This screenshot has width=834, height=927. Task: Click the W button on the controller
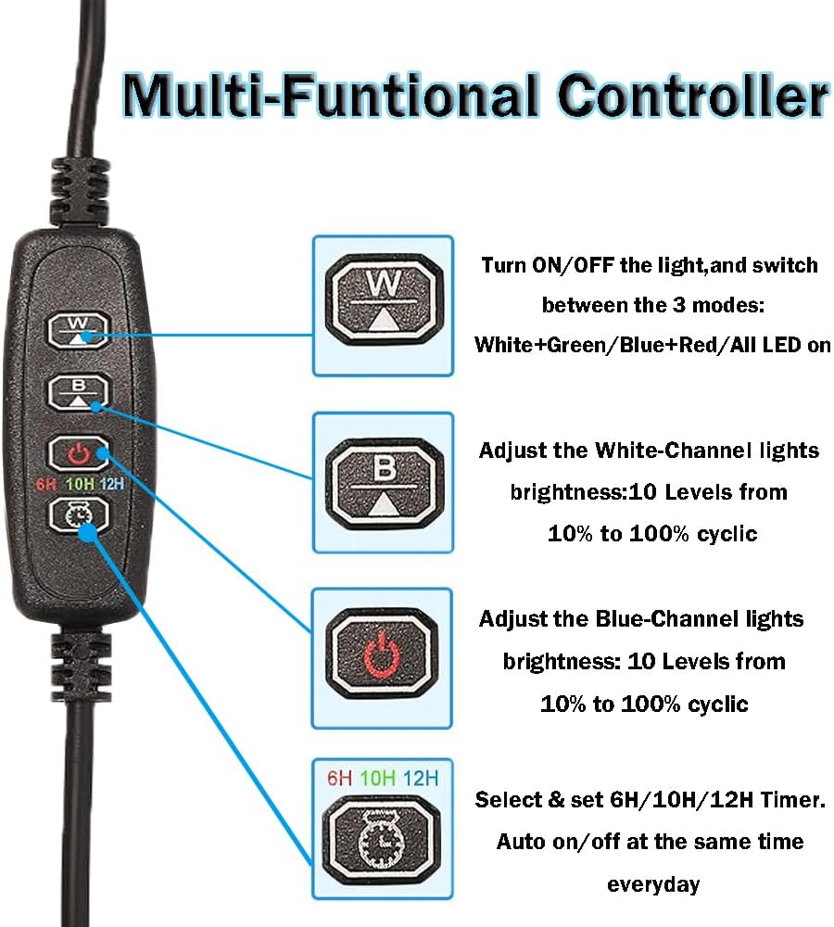[x=78, y=329]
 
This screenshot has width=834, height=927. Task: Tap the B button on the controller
[x=78, y=392]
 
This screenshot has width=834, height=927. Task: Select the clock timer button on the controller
[x=78, y=514]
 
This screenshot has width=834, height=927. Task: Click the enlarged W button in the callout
[x=384, y=298]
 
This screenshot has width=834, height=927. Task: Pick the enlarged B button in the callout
[x=384, y=482]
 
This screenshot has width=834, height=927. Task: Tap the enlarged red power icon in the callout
[x=382, y=654]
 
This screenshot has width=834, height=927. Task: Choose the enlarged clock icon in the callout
[x=382, y=840]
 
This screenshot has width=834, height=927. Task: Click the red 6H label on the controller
[x=45, y=485]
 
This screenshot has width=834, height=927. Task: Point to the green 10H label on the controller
[x=80, y=485]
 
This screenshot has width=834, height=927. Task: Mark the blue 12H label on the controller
[x=112, y=485]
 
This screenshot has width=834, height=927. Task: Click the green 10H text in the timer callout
[x=377, y=778]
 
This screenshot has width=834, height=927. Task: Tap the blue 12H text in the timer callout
[x=421, y=778]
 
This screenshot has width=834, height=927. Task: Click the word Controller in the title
[x=692, y=95]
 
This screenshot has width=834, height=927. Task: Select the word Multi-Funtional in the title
[x=331, y=95]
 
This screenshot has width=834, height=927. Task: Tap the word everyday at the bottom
[x=653, y=884]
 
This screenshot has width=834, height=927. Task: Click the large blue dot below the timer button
[x=87, y=533]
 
